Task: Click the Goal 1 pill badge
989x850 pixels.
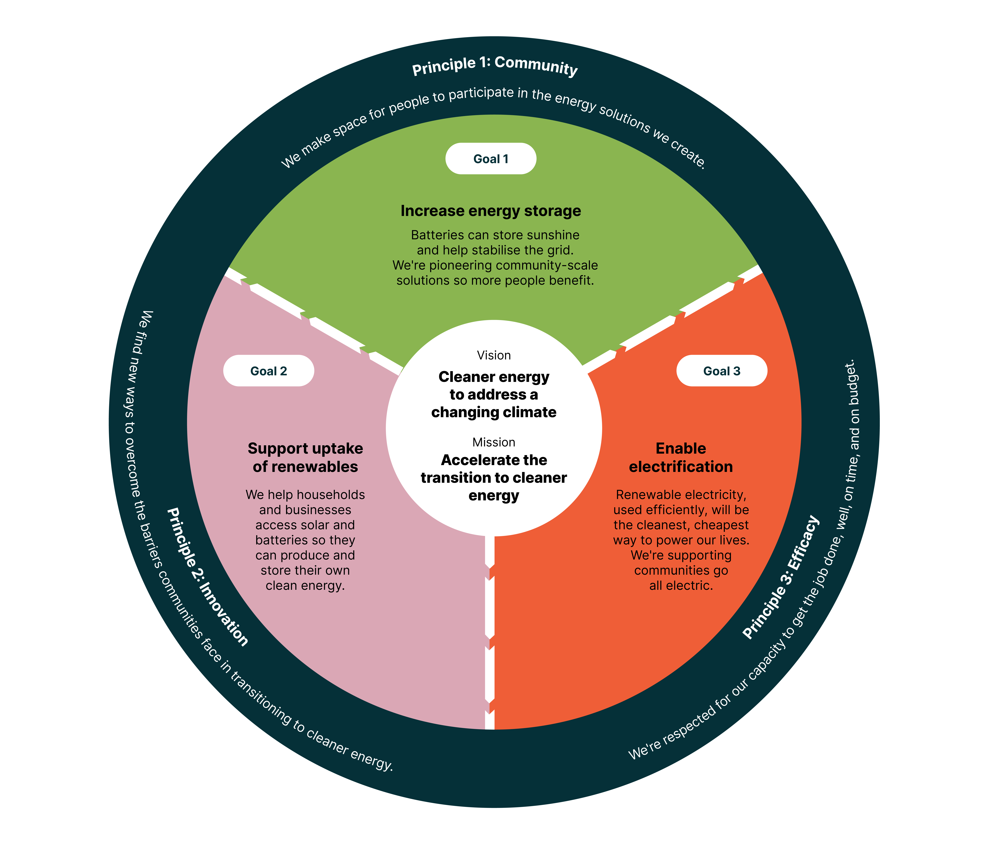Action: pyautogui.click(x=491, y=159)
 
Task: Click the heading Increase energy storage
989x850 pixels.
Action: pyautogui.click(x=491, y=211)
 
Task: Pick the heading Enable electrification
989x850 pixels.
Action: pyautogui.click(x=681, y=457)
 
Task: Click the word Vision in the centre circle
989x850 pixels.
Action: pyautogui.click(x=494, y=355)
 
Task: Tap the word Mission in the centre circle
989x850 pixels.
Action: pyautogui.click(x=494, y=442)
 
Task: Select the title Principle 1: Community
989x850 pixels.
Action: pyautogui.click(x=495, y=66)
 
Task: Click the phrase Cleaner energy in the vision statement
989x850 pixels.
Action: pyautogui.click(x=494, y=377)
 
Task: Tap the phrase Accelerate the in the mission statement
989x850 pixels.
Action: pyautogui.click(x=494, y=460)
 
